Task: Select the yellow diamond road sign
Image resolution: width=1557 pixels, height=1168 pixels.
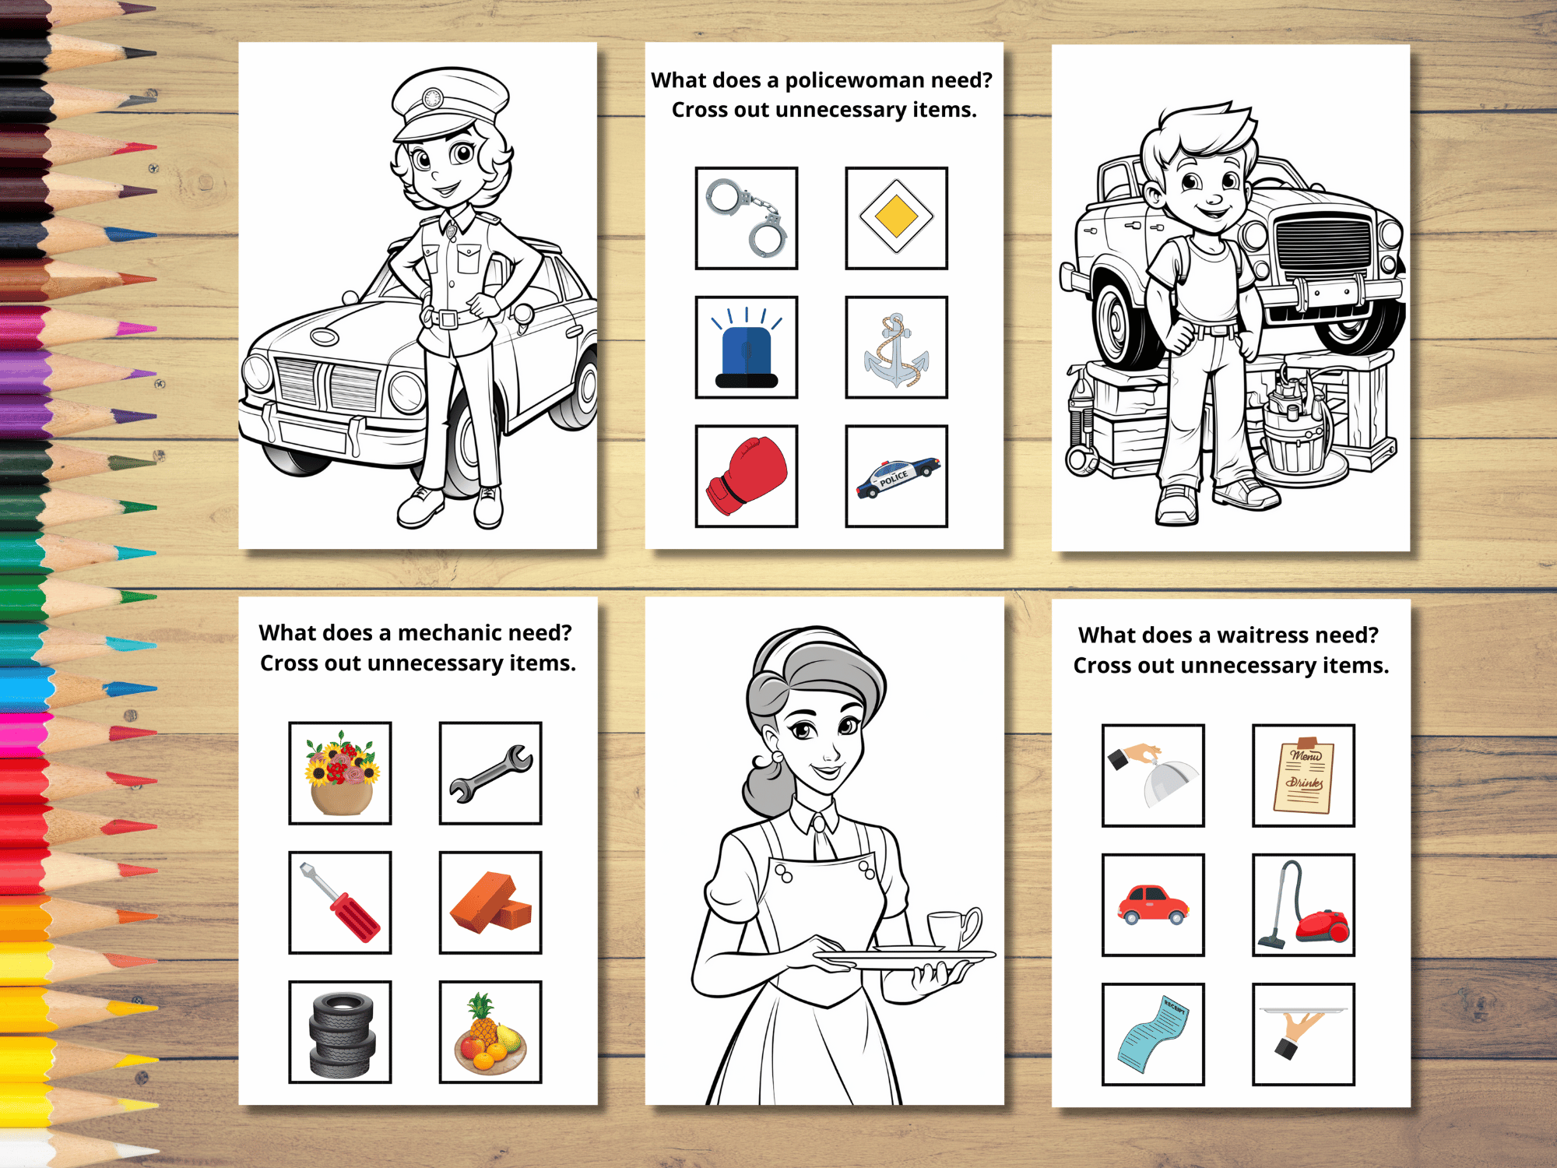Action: [896, 217]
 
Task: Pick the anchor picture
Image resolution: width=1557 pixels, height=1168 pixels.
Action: [896, 350]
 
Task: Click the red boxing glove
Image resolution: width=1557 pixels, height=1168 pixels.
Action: [746, 475]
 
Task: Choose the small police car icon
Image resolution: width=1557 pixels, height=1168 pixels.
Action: [897, 477]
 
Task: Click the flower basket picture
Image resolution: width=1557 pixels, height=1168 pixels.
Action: [341, 772]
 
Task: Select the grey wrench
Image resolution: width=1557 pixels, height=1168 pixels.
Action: [490, 773]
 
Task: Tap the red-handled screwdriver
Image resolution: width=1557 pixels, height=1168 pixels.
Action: [340, 902]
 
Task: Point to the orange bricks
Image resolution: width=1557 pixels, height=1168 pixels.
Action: [490, 902]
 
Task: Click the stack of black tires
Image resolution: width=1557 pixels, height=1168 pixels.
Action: [342, 1033]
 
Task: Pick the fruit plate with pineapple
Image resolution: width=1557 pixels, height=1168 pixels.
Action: [490, 1033]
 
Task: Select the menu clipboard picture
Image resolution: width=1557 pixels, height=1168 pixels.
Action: [1303, 775]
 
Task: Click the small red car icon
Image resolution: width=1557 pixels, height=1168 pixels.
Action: [1153, 905]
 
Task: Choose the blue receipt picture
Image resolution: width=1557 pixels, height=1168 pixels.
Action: [1153, 1034]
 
